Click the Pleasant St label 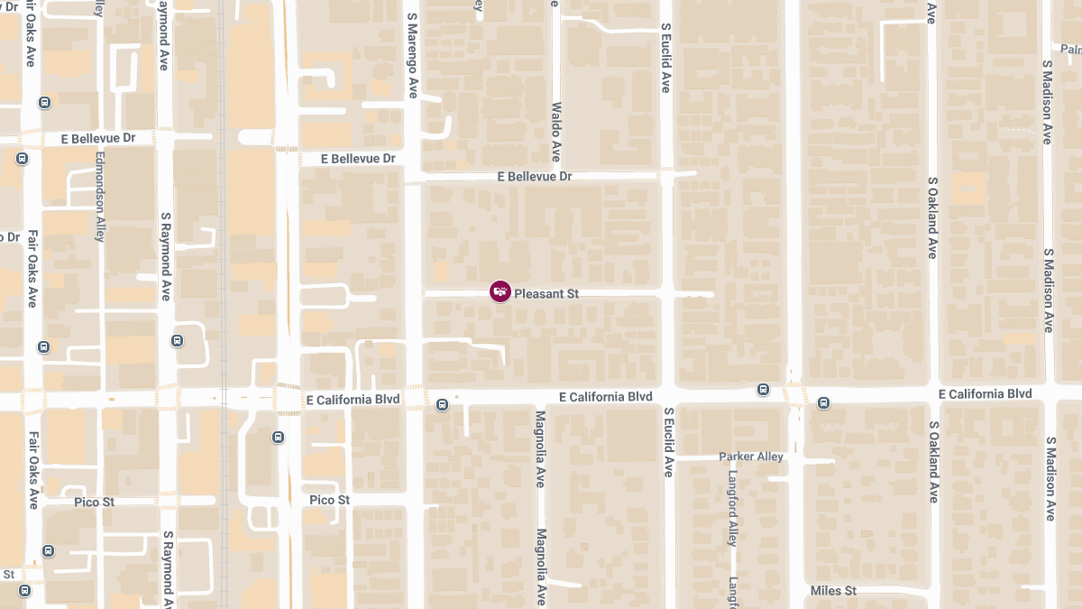tap(546, 293)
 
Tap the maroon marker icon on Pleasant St tap(500, 291)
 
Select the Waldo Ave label tap(556, 132)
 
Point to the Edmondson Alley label tap(100, 195)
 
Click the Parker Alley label tap(751, 457)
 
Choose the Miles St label tap(833, 591)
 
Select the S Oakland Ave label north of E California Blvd tap(933, 217)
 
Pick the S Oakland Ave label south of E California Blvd tap(933, 463)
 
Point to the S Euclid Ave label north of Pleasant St tap(665, 59)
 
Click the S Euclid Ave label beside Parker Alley tap(668, 441)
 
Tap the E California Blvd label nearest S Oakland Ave tap(985, 394)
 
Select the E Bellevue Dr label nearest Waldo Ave tap(535, 177)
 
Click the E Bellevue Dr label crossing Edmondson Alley tap(98, 138)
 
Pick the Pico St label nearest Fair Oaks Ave tap(95, 502)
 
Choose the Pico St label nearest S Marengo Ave tap(329, 500)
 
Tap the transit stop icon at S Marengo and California tap(442, 405)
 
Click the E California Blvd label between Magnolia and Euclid tap(605, 397)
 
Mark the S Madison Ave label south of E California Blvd tap(1050, 479)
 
